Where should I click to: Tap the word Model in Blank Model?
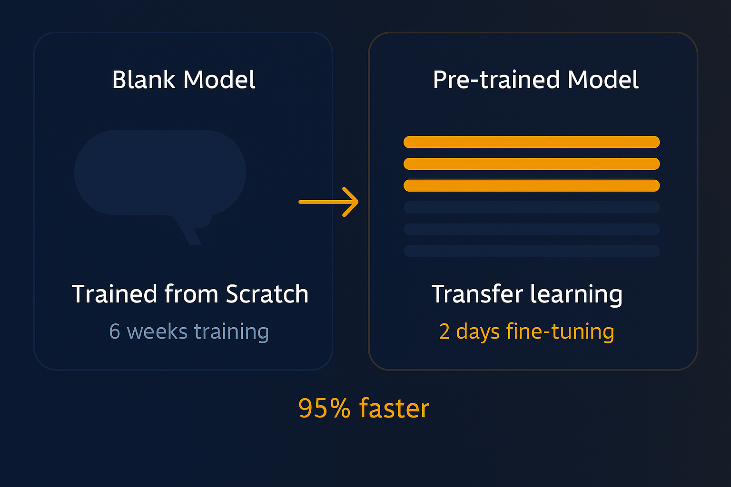pyautogui.click(x=219, y=79)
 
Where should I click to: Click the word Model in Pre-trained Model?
pyautogui.click(x=603, y=79)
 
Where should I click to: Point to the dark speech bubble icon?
pyautogui.click(x=160, y=174)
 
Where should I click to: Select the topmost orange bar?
pyautogui.click(x=531, y=142)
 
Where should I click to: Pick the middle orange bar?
pyautogui.click(x=531, y=164)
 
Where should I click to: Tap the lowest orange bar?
pyautogui.click(x=531, y=185)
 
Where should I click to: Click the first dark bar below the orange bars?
pyautogui.click(x=531, y=207)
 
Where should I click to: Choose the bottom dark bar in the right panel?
pyautogui.click(x=531, y=251)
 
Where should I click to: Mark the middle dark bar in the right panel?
pyautogui.click(x=531, y=229)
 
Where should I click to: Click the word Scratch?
pyautogui.click(x=267, y=294)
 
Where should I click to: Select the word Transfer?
pyautogui.click(x=477, y=294)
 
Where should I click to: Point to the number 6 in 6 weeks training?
pyautogui.click(x=115, y=331)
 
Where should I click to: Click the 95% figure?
pyautogui.click(x=324, y=409)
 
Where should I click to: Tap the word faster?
pyautogui.click(x=394, y=409)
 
